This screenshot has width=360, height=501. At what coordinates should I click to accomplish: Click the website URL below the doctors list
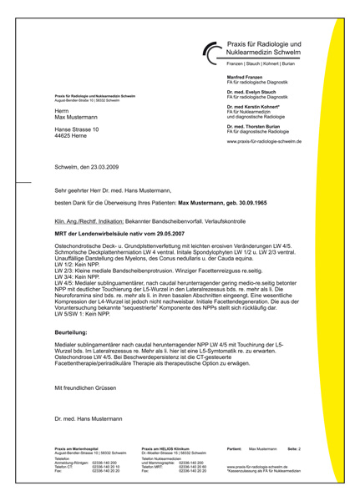[258, 142]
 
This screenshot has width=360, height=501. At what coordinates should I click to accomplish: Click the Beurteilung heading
[74, 309]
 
